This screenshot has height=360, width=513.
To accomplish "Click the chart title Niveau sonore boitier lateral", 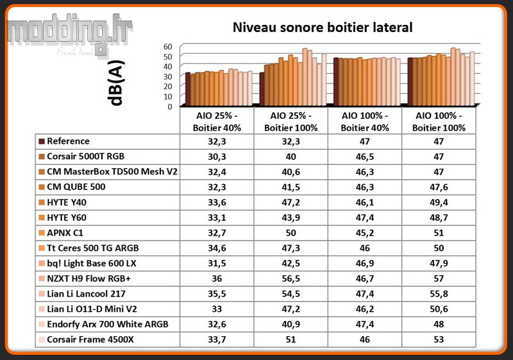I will click(x=322, y=28).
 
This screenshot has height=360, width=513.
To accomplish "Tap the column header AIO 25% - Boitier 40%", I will click(x=217, y=121).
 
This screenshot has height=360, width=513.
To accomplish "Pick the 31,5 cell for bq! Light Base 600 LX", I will click(x=217, y=263).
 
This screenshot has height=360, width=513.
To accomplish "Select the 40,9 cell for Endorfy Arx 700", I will click(x=292, y=324).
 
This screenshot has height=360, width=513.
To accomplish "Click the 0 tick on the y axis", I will click(x=171, y=107).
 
